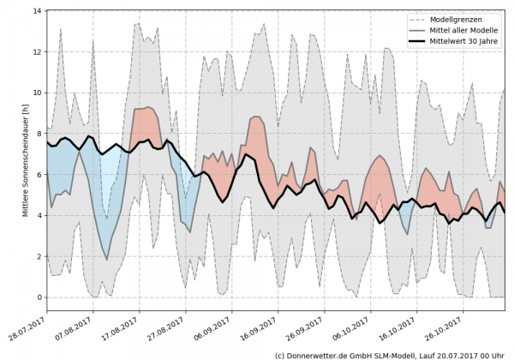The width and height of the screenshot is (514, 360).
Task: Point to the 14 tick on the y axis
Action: tap(38, 11)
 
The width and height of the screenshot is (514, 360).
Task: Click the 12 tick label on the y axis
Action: tap(38, 51)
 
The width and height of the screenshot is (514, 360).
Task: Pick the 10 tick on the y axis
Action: tap(38, 93)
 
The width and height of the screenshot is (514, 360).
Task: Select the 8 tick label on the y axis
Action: tap(39, 134)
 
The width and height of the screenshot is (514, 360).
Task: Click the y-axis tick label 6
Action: tap(39, 174)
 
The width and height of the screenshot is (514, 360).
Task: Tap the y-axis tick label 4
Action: tap(39, 215)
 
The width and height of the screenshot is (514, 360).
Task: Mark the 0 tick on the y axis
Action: tap(39, 297)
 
